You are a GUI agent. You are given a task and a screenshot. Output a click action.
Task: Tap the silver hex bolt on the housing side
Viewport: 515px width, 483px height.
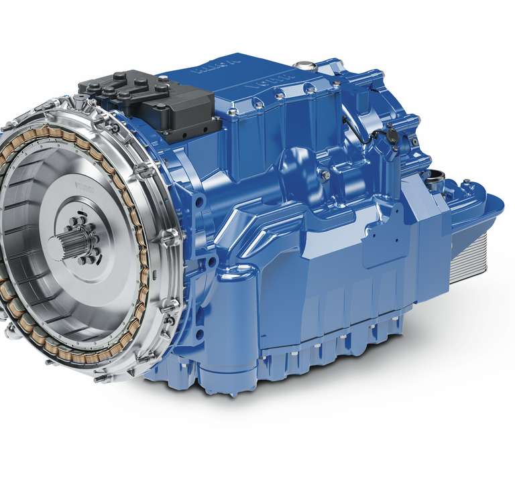325,175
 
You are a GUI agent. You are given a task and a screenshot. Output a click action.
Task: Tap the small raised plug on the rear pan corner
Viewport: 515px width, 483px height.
463,181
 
